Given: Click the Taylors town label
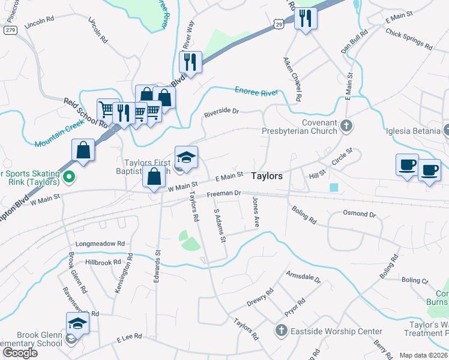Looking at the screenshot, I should (x=266, y=176).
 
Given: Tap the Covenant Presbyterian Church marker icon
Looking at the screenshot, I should (x=345, y=126).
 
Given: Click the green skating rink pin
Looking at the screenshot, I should (x=69, y=178).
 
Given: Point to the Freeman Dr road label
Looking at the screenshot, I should (x=223, y=194).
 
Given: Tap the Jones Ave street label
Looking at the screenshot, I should (x=256, y=212).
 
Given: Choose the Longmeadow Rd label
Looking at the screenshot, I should (x=100, y=244).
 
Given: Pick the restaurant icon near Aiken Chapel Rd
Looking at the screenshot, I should (x=305, y=19).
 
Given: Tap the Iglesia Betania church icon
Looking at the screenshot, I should (x=446, y=130).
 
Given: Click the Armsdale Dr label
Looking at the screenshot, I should (x=304, y=277).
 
